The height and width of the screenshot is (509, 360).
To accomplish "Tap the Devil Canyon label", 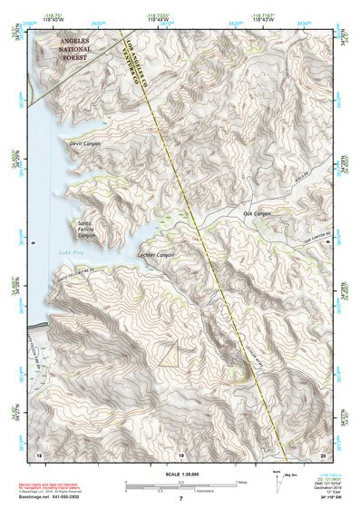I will click(x=85, y=143).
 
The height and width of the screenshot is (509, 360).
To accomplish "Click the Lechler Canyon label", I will click(x=155, y=255).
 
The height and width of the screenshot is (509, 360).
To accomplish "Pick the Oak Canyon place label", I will click(x=257, y=213).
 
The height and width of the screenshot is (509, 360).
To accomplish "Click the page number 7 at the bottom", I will click(x=180, y=499).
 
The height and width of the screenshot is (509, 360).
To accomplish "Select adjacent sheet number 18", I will click(x=39, y=453).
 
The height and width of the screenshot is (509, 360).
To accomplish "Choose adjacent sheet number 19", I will click(x=180, y=453).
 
